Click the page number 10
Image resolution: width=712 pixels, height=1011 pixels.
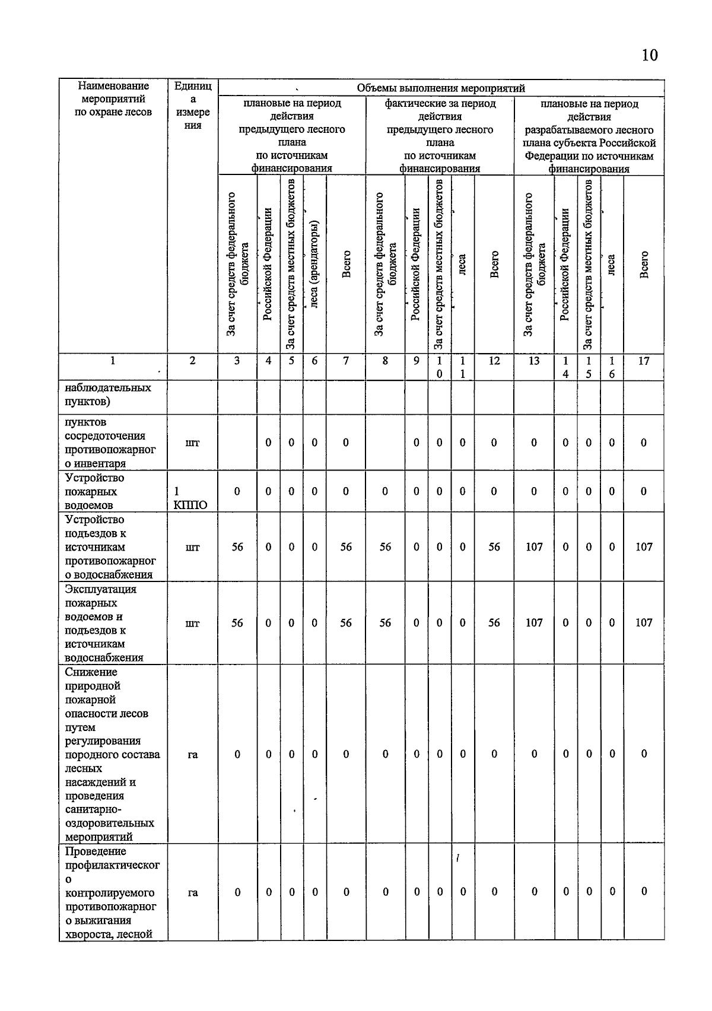click(x=649, y=55)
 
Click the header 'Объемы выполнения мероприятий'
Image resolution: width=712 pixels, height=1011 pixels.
click(x=440, y=88)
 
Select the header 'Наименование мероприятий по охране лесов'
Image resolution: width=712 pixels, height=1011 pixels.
click(x=113, y=99)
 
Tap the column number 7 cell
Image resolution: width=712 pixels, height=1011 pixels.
click(x=346, y=360)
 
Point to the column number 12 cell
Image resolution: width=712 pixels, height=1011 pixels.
click(x=494, y=360)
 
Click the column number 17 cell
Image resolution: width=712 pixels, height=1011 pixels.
click(x=644, y=360)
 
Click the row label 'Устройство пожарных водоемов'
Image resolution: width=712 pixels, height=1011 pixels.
click(x=94, y=491)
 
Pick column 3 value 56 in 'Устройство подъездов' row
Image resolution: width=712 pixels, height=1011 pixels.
click(x=237, y=547)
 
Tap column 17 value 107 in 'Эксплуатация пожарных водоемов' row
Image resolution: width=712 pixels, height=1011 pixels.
click(x=644, y=622)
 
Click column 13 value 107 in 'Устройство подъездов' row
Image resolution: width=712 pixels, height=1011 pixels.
click(x=534, y=547)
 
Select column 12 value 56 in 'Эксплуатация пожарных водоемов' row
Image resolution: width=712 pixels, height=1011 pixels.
click(x=494, y=622)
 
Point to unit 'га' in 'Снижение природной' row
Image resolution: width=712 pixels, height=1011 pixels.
click(x=192, y=754)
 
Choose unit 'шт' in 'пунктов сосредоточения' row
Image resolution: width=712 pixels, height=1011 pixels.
click(x=192, y=443)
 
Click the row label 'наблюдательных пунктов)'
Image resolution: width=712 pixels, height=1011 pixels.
click(x=107, y=395)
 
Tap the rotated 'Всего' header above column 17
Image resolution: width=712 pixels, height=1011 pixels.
click(x=644, y=265)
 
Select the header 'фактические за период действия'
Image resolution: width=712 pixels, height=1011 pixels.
click(x=440, y=135)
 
